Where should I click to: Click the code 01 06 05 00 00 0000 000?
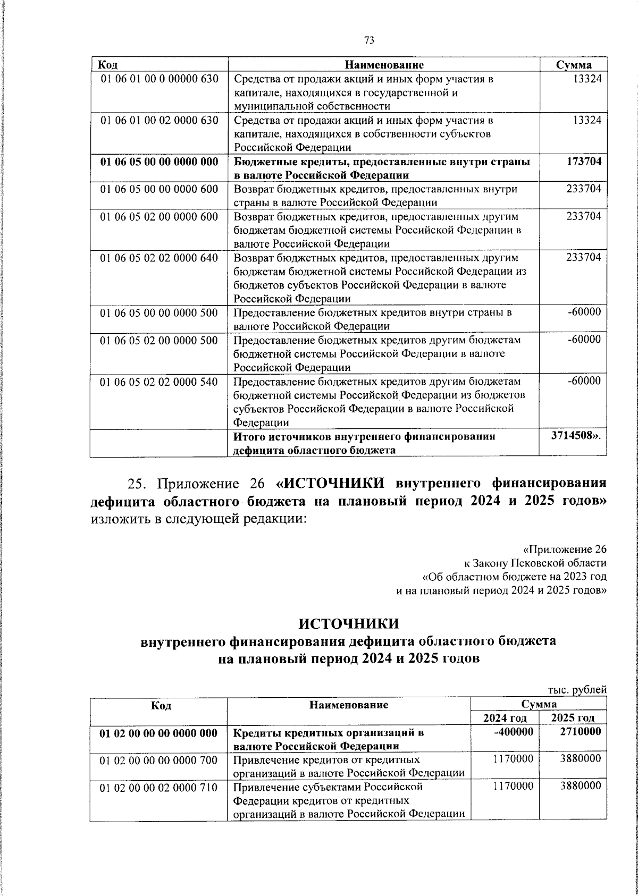point(159,162)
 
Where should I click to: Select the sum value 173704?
point(583,162)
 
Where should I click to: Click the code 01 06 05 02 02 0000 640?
point(159,258)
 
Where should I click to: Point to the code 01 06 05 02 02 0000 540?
point(159,382)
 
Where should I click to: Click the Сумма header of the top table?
point(574,65)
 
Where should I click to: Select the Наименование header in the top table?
point(384,65)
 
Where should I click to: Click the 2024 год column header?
point(505,719)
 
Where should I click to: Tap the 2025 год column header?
point(573,719)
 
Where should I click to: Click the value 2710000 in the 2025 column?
point(581,732)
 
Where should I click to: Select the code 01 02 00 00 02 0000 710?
point(159,788)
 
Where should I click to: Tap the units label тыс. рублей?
point(577,690)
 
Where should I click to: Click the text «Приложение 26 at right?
point(564,549)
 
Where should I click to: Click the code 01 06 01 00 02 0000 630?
point(159,121)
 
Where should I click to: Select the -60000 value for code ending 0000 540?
point(584,381)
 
